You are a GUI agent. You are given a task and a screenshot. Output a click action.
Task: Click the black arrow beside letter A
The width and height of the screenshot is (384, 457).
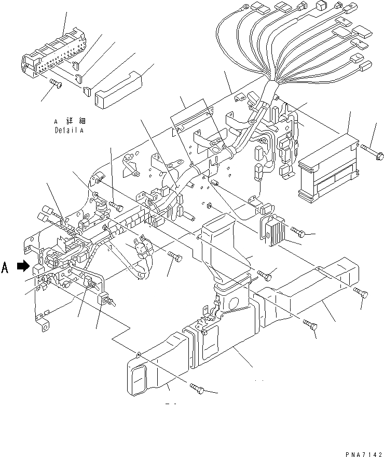click(22, 266)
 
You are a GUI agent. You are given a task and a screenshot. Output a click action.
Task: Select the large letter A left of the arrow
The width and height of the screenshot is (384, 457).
click(6, 267)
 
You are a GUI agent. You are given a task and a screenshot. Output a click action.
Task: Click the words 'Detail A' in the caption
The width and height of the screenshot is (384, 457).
click(68, 131)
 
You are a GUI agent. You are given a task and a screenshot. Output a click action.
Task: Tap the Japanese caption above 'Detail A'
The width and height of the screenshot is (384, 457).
click(69, 121)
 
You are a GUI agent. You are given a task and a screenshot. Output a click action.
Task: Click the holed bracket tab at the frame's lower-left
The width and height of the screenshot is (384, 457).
click(44, 325)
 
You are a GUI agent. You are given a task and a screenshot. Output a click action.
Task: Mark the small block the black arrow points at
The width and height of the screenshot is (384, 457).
click(37, 269)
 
